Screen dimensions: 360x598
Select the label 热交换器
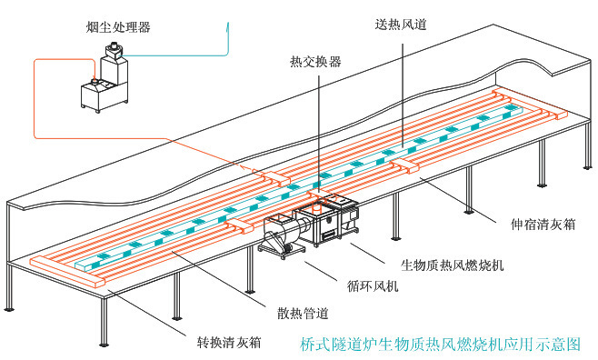pyautogui.click(x=315, y=62)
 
